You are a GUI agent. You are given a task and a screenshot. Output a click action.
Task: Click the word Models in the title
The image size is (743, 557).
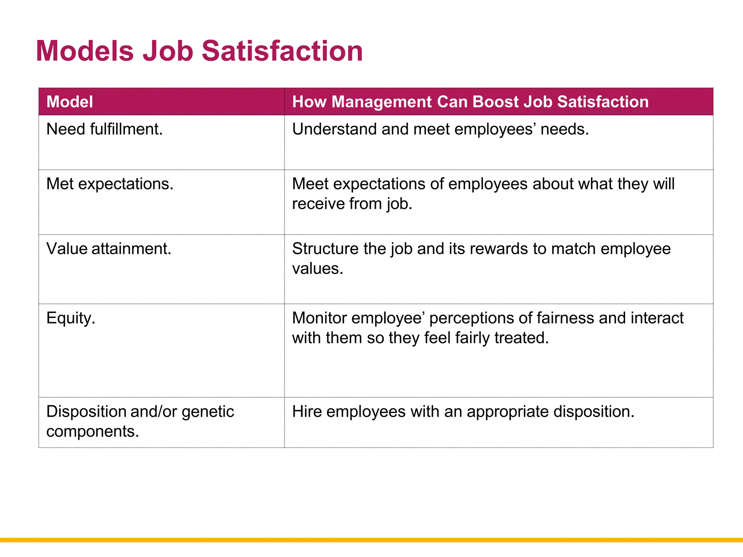tap(85, 51)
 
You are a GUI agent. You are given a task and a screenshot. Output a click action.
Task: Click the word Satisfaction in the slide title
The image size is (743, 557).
tap(282, 51)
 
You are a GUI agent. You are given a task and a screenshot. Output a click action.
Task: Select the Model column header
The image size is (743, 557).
tap(70, 102)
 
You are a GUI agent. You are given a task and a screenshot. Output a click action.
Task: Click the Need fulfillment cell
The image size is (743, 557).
tap(104, 129)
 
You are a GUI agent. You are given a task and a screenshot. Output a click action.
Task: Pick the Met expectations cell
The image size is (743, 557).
tap(110, 184)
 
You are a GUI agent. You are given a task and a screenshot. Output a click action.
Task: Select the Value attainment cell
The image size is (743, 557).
tap(109, 249)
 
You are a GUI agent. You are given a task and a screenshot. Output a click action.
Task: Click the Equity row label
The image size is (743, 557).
tap(71, 318)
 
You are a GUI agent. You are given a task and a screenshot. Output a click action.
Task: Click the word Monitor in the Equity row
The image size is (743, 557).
tap(319, 318)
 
